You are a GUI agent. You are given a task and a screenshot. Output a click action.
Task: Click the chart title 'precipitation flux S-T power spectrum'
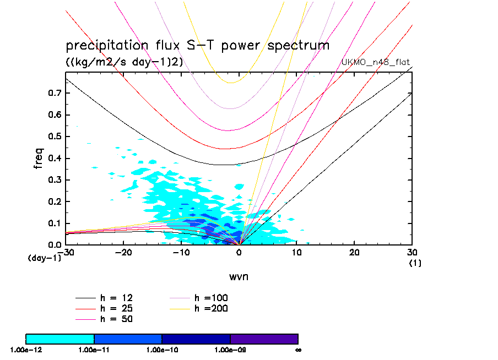[x=197, y=46]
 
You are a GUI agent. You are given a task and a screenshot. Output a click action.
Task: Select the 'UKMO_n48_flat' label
[x=377, y=62]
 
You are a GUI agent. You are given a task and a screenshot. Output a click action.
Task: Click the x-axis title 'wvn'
[x=239, y=276]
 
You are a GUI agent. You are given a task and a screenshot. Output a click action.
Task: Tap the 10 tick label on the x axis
[x=297, y=252]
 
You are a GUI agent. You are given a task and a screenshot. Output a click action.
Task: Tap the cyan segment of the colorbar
[x=60, y=339]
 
